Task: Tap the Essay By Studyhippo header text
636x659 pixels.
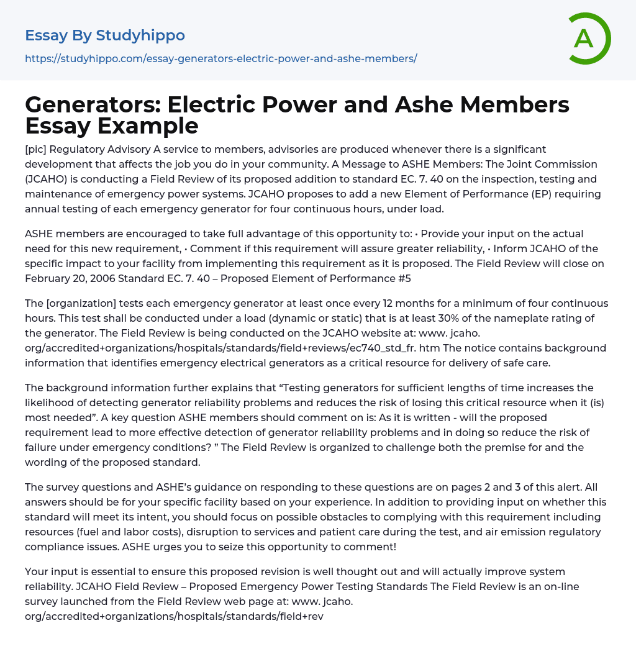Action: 105,35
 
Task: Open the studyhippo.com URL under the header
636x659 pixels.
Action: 220,58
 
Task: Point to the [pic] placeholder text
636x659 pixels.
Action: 38,149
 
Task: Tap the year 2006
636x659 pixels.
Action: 103,278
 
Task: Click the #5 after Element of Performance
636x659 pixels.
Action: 404,278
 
